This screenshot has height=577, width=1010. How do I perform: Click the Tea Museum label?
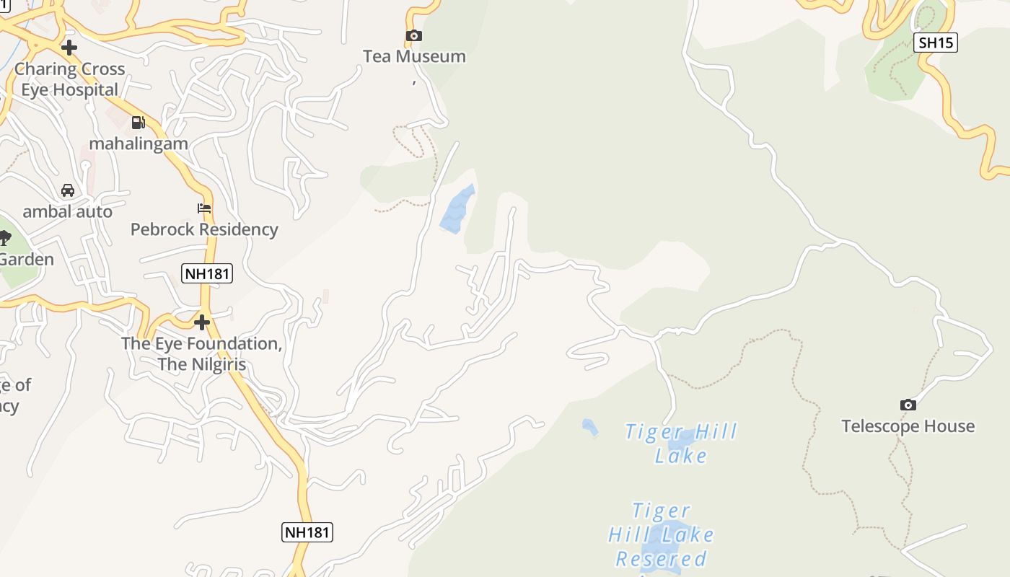pyautogui.click(x=414, y=56)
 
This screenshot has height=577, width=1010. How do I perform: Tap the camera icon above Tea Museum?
pyautogui.click(x=414, y=35)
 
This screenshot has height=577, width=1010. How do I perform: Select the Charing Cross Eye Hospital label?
pyautogui.click(x=70, y=79)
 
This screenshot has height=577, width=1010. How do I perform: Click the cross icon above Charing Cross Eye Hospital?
pyautogui.click(x=69, y=48)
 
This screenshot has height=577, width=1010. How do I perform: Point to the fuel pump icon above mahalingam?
pyautogui.click(x=138, y=123)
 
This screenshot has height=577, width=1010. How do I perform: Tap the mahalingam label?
pyautogui.click(x=139, y=144)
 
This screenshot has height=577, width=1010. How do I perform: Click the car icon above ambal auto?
pyautogui.click(x=68, y=190)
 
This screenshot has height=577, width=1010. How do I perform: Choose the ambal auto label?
pyautogui.click(x=68, y=211)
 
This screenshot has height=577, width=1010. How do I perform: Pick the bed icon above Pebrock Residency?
pyautogui.click(x=204, y=208)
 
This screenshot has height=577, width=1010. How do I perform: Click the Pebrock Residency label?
pyautogui.click(x=204, y=229)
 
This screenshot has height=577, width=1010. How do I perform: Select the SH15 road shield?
pyautogui.click(x=936, y=43)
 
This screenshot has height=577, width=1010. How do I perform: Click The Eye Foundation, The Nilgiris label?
pyautogui.click(x=202, y=353)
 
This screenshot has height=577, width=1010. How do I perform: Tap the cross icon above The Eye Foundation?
pyautogui.click(x=202, y=322)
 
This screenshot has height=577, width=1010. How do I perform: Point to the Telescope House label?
pyautogui.click(x=908, y=426)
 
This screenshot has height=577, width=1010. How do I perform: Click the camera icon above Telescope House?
pyautogui.click(x=908, y=405)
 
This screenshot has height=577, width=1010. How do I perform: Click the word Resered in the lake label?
pyautogui.click(x=660, y=559)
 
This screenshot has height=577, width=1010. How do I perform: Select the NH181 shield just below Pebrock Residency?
pyautogui.click(x=207, y=273)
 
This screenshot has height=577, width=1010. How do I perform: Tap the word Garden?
pyautogui.click(x=27, y=259)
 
